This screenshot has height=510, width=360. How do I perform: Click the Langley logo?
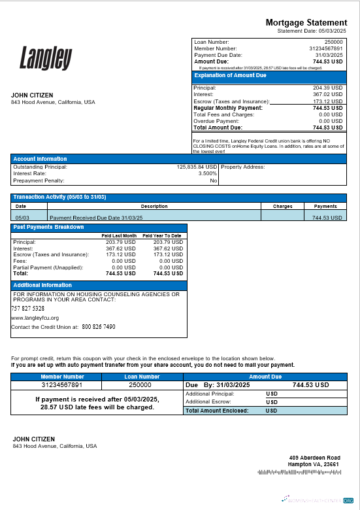(x=45, y=58)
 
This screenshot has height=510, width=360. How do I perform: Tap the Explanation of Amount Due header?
(x=231, y=76)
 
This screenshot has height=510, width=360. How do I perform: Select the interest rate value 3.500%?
(x=208, y=173)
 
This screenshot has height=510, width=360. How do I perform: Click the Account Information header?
(x=40, y=159)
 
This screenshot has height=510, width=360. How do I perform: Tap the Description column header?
(x=154, y=206)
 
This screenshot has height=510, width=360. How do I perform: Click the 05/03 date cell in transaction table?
(x=22, y=217)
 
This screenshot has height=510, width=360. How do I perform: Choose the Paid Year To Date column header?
(x=162, y=235)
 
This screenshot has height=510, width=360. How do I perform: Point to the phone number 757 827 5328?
(x=28, y=308)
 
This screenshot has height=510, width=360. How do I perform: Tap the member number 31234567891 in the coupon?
(x=62, y=385)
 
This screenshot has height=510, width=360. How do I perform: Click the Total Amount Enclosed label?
(x=216, y=411)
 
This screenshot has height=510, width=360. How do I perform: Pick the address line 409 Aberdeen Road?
(x=315, y=458)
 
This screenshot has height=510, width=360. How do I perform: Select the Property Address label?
(x=243, y=167)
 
